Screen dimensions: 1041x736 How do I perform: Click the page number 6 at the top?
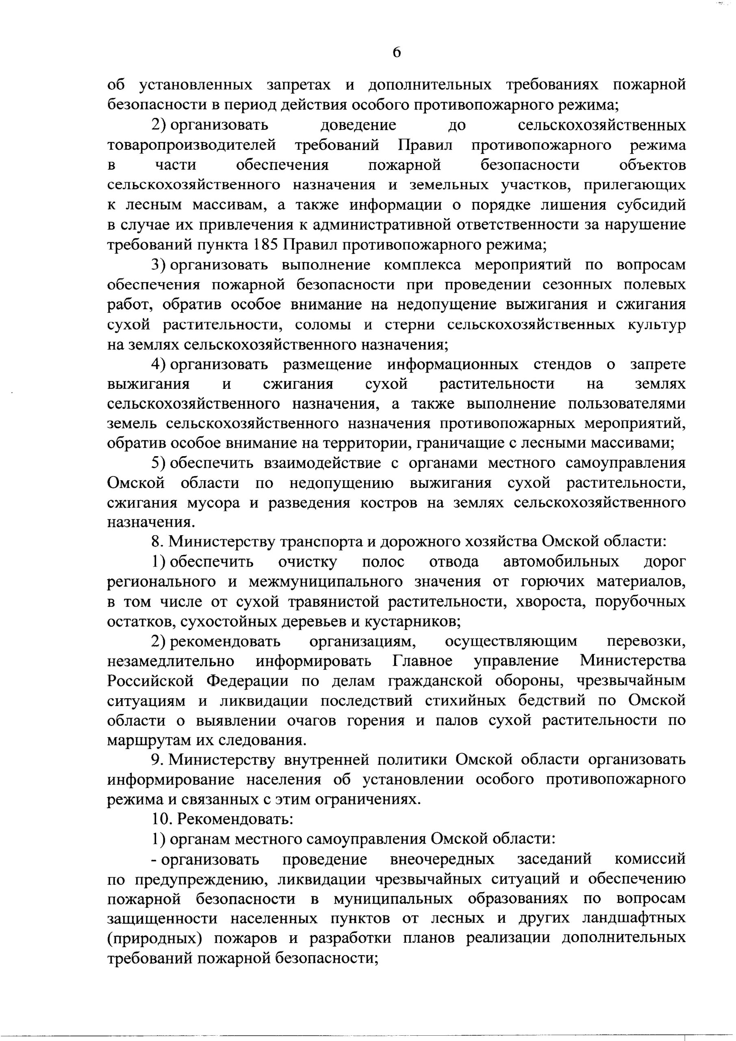click(x=397, y=53)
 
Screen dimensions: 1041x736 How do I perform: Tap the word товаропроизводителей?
click(x=192, y=145)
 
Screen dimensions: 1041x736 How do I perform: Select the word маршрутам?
click(x=150, y=740)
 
